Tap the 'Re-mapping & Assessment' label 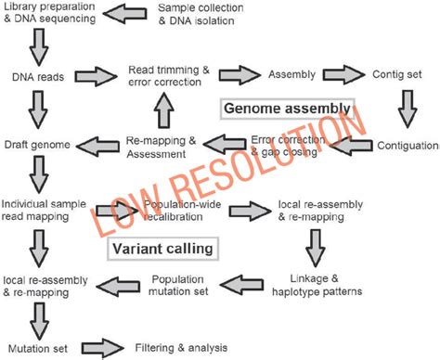162,145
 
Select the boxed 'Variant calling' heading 162,248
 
